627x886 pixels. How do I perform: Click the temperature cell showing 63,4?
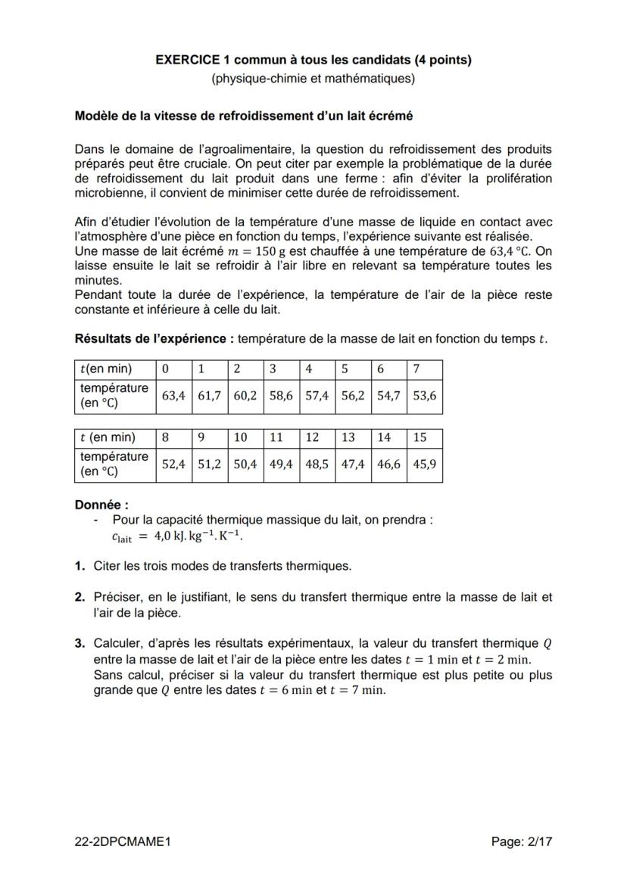173,396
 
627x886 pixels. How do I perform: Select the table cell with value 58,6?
282,396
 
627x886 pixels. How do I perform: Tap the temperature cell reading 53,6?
424,396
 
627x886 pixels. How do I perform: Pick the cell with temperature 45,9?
424,465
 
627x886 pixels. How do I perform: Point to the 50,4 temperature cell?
245,465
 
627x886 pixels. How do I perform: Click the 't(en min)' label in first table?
105,369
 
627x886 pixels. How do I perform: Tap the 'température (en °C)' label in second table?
114,465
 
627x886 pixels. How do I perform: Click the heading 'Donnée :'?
101,505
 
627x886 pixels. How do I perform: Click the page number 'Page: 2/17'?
522,841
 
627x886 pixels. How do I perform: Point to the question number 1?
80,565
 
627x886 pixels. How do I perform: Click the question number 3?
80,644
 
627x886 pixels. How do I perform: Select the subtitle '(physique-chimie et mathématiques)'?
313,78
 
